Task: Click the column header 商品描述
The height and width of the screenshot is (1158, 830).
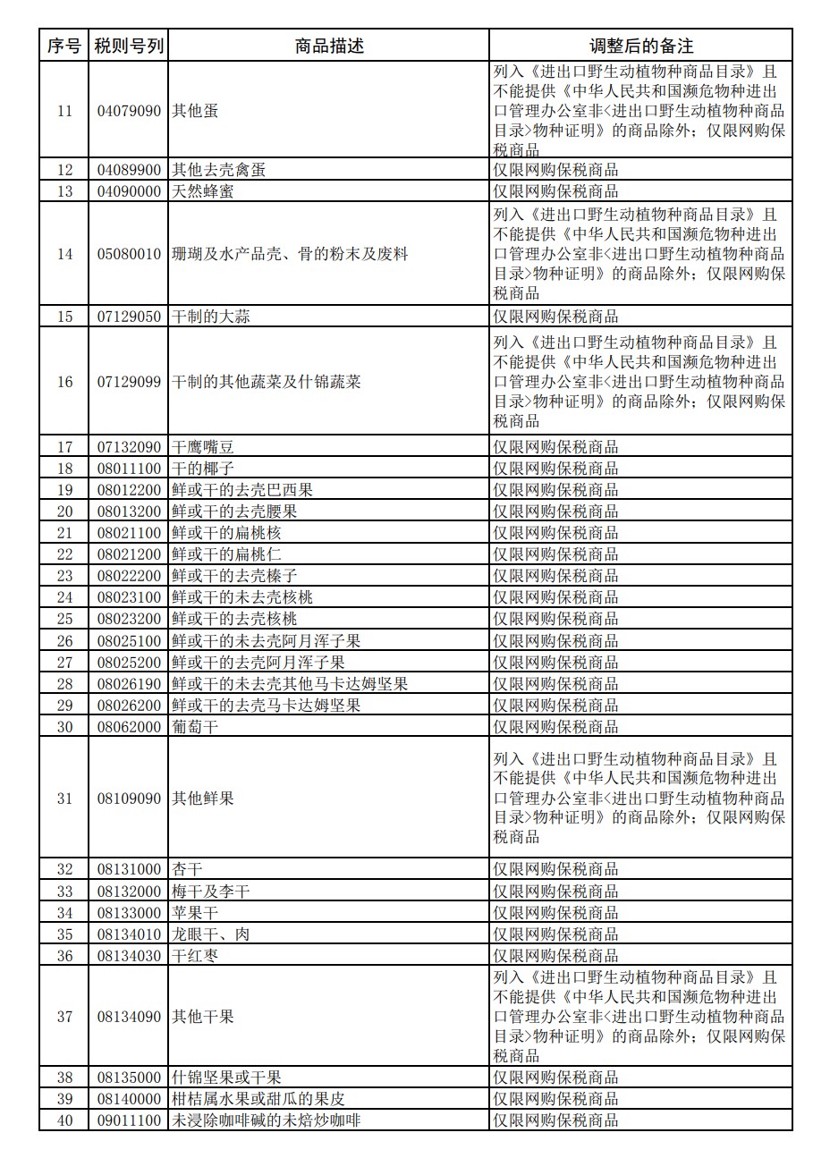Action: pyautogui.click(x=329, y=46)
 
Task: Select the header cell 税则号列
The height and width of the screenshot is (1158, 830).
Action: pyautogui.click(x=129, y=46)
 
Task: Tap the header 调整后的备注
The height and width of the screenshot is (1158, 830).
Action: pyautogui.click(x=640, y=46)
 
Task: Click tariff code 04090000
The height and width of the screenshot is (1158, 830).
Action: pyautogui.click(x=129, y=191)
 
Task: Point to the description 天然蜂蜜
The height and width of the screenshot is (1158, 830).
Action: pyautogui.click(x=203, y=191)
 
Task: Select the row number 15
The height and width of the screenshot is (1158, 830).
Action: pyautogui.click(x=64, y=317)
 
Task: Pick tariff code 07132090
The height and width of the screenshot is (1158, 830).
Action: pyautogui.click(x=129, y=447)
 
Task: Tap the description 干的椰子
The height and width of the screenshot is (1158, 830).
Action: pyautogui.click(x=203, y=469)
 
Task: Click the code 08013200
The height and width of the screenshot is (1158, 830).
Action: pyautogui.click(x=129, y=511)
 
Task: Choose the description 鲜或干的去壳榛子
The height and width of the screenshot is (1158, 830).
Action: pyautogui.click(x=234, y=576)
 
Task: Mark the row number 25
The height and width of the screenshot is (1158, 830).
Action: pyautogui.click(x=64, y=619)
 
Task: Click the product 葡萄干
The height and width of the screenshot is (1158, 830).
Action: pyautogui.click(x=195, y=727)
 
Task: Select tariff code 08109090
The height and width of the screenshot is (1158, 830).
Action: pyautogui.click(x=129, y=798)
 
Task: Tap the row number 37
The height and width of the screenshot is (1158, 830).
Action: pyautogui.click(x=64, y=1017)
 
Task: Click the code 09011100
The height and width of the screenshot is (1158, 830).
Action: pyautogui.click(x=129, y=1120)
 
